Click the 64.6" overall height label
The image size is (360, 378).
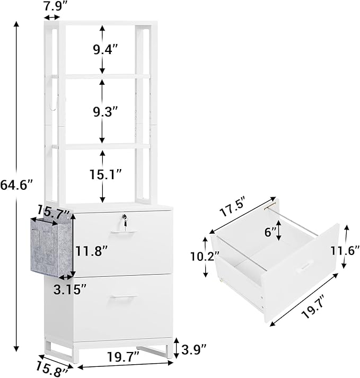click(16, 186)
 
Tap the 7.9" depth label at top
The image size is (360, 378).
click(53, 6)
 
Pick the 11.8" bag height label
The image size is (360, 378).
click(91, 252)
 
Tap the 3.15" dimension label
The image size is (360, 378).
click(70, 290)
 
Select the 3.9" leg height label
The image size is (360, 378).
click(194, 351)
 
